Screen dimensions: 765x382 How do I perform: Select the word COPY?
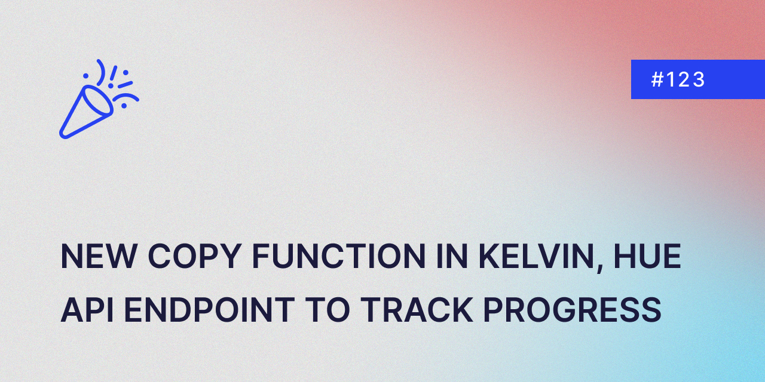194,256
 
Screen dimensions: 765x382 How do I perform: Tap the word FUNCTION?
339,256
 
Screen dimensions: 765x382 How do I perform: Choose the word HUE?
647,256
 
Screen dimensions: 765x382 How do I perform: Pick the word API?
87,310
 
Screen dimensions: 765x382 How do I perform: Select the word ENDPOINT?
209,310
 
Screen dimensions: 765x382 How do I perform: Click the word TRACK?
417,310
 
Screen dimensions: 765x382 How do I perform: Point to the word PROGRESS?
573,310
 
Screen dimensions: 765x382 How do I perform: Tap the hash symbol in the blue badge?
657,80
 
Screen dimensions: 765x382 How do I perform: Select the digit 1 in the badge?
671,80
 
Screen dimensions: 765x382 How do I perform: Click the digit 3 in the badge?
699,80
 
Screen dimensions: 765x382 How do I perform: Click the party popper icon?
99,99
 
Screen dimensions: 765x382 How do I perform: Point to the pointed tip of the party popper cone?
63,135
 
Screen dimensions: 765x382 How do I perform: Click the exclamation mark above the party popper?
113,76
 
